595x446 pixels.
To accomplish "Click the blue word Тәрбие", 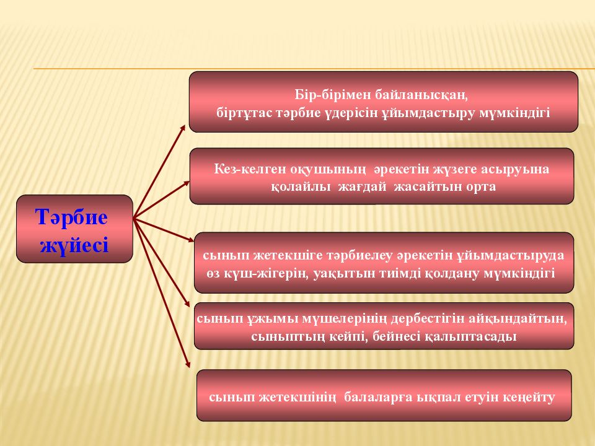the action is coord(72,217).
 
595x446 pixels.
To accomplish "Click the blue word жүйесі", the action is coord(74,245).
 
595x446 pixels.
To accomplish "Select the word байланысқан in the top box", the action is coord(421,95).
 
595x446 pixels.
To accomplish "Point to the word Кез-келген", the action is coord(250,168).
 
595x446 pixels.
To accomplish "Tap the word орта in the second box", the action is coord(481,186).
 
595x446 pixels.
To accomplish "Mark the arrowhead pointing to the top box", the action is coord(183,128).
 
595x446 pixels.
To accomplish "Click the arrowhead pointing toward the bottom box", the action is coord(187,364).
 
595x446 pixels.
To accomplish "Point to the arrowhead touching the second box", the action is coord(187,183).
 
